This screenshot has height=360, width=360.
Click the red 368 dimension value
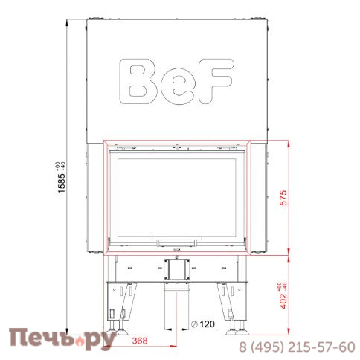138,341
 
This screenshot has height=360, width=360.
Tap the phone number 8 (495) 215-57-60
296,347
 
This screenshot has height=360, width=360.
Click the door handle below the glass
176,240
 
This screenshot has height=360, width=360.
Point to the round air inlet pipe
176,309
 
